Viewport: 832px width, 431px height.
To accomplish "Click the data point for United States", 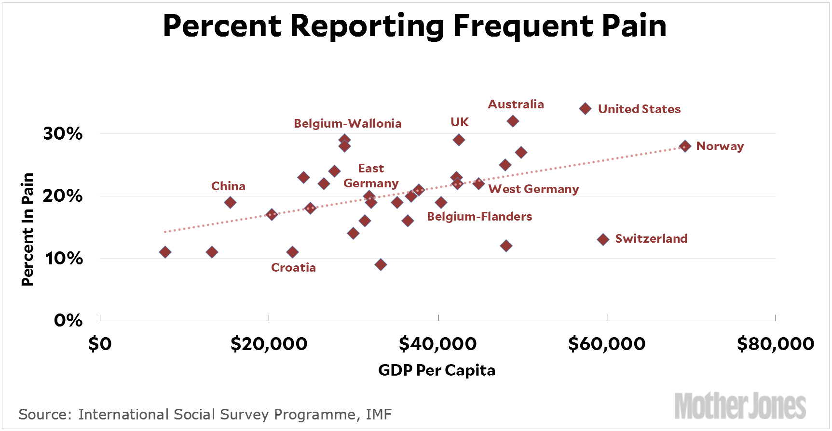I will pyautogui.click(x=585, y=109).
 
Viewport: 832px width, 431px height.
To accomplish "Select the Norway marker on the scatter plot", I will pyautogui.click(x=685, y=146).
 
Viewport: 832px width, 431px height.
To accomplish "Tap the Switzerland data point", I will pyautogui.click(x=603, y=239).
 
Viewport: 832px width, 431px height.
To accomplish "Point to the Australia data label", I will pyautogui.click(x=516, y=104).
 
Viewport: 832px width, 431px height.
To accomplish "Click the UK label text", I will pyautogui.click(x=459, y=122).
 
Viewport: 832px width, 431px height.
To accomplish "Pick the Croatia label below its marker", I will pyautogui.click(x=293, y=268).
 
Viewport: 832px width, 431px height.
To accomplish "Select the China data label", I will pyautogui.click(x=228, y=186).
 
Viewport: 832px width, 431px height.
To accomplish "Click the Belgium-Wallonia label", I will pyautogui.click(x=347, y=124).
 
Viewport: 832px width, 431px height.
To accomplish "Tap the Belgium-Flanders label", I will pyautogui.click(x=479, y=217).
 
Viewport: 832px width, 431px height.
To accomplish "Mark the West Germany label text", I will pyautogui.click(x=533, y=189).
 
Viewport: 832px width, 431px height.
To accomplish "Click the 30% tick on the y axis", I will pyautogui.click(x=63, y=133).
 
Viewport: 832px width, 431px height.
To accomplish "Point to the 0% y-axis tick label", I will pyautogui.click(x=68, y=320).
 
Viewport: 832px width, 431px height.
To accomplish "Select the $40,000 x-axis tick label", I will pyautogui.click(x=437, y=344).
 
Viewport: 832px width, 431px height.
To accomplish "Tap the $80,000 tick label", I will pyautogui.click(x=776, y=344).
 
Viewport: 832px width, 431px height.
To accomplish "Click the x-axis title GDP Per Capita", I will pyautogui.click(x=436, y=370).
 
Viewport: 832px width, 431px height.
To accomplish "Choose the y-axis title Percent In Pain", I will pyautogui.click(x=28, y=229).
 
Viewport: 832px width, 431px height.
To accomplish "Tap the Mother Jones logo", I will pyautogui.click(x=740, y=406).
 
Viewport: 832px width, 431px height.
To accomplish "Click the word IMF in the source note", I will pyautogui.click(x=379, y=415).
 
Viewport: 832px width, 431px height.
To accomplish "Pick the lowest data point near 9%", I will pyautogui.click(x=381, y=264).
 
